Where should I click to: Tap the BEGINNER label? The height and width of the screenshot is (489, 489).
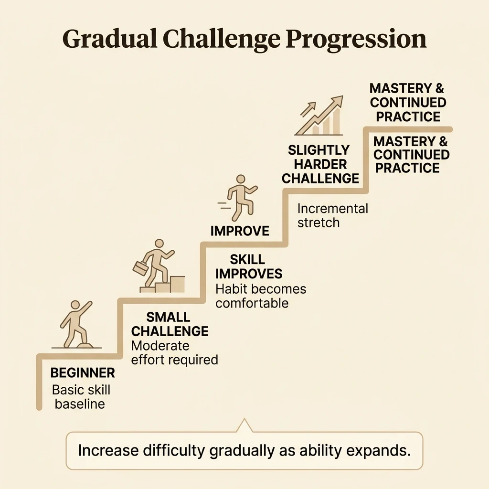point(83,372)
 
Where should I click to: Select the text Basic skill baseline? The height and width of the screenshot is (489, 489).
point(81,397)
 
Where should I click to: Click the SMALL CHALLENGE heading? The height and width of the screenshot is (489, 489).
point(170,324)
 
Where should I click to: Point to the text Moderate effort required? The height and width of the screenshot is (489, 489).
point(174,353)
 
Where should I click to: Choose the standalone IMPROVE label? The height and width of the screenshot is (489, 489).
point(240,231)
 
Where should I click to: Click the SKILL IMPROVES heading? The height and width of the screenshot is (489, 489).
point(248,266)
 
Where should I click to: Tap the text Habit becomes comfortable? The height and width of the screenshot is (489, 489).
point(261,296)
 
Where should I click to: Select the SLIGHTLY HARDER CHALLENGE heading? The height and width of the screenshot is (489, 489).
point(320,164)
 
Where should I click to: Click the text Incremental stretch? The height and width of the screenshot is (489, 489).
point(333,216)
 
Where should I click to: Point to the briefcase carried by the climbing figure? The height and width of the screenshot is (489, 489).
point(141,267)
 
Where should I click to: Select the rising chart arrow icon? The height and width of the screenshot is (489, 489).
point(319,116)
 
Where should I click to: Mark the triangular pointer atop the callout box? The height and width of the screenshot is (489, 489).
point(244,425)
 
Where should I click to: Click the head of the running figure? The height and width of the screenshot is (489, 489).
point(241,180)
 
